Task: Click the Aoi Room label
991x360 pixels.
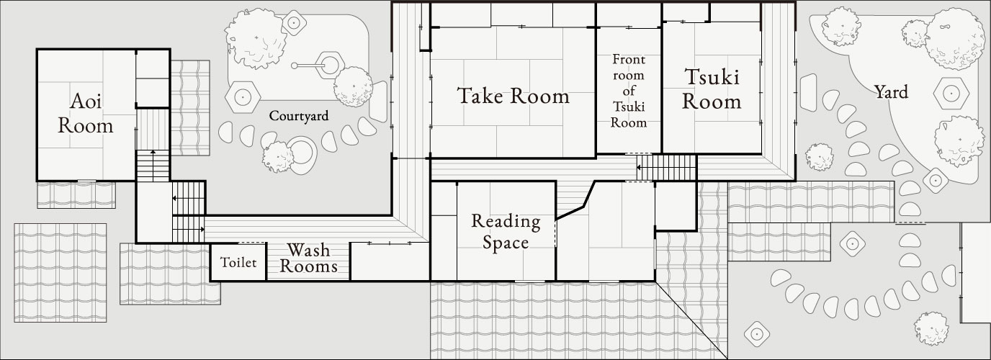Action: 86,114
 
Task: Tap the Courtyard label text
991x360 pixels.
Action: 298,115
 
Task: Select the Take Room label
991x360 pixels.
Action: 513,96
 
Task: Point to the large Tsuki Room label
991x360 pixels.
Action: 712,89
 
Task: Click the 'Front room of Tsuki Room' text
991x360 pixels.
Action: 629,91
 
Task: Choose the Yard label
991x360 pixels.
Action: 890,92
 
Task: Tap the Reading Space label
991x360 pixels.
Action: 506,231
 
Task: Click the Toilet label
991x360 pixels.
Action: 238,263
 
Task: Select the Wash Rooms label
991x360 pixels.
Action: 308,258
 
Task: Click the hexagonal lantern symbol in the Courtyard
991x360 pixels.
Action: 243,94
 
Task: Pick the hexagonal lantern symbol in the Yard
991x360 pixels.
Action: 951,92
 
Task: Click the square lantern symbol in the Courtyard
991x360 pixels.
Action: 294,22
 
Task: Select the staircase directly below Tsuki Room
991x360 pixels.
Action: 666,168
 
